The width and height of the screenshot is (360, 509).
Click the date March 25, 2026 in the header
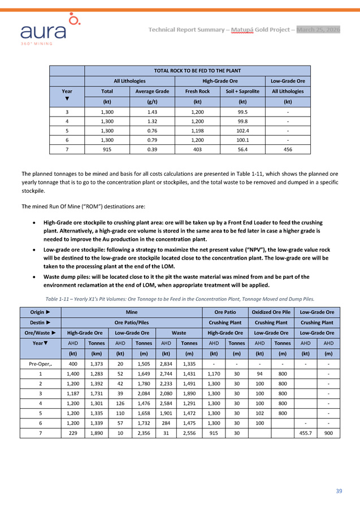(x=318, y=29)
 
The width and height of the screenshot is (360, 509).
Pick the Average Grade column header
(x=151, y=91)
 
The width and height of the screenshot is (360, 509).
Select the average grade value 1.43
(x=151, y=112)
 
